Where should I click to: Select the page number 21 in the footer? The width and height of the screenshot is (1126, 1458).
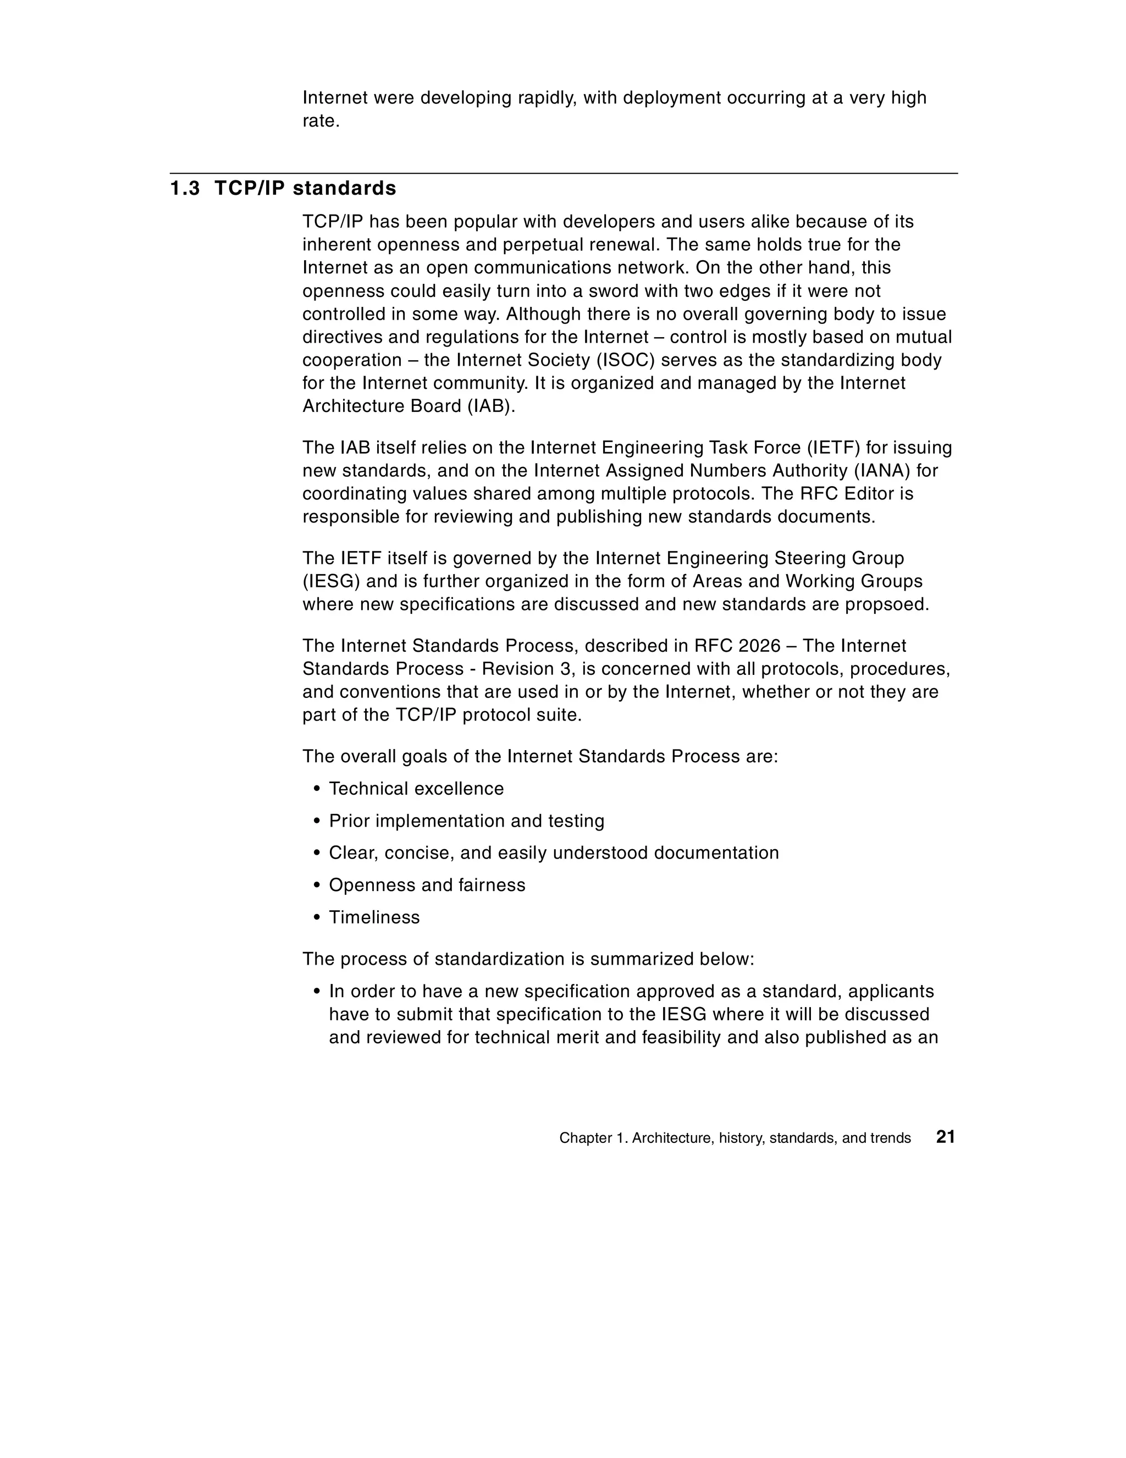[x=945, y=1137]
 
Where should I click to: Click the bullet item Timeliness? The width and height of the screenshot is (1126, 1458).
[x=374, y=917]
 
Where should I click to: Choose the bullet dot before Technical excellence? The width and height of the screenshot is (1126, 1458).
[x=317, y=789]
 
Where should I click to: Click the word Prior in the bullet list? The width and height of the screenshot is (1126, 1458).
[x=349, y=821]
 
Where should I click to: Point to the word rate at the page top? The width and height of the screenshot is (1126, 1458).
[x=319, y=122]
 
